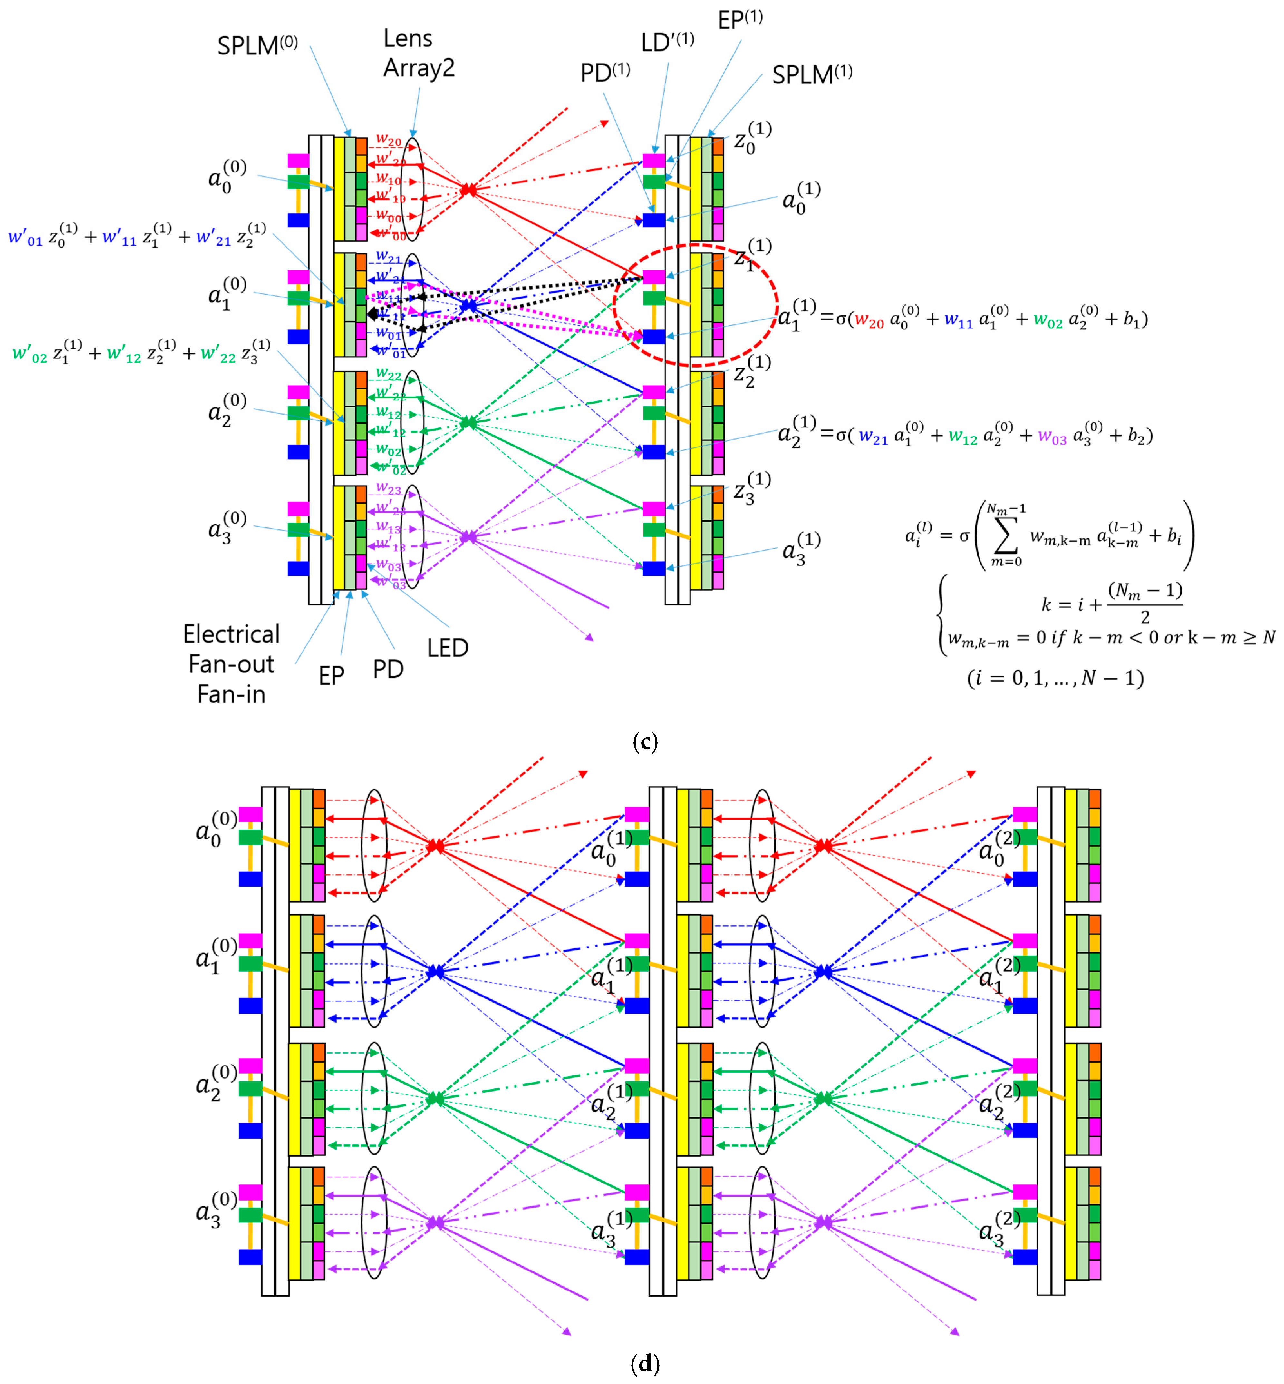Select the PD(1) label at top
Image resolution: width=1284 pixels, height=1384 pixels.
point(604,72)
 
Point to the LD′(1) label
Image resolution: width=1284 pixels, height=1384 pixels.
point(667,43)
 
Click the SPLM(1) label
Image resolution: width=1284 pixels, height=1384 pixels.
point(812,74)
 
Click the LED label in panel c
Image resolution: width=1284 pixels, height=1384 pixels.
point(448,648)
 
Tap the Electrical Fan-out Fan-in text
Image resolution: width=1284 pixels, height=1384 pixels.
point(231,664)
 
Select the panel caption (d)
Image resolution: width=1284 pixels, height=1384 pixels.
point(645,1364)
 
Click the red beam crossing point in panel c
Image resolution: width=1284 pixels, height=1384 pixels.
point(469,189)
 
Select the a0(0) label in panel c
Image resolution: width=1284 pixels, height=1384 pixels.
point(227,176)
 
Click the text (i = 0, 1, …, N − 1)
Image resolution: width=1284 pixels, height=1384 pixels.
point(1055,678)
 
